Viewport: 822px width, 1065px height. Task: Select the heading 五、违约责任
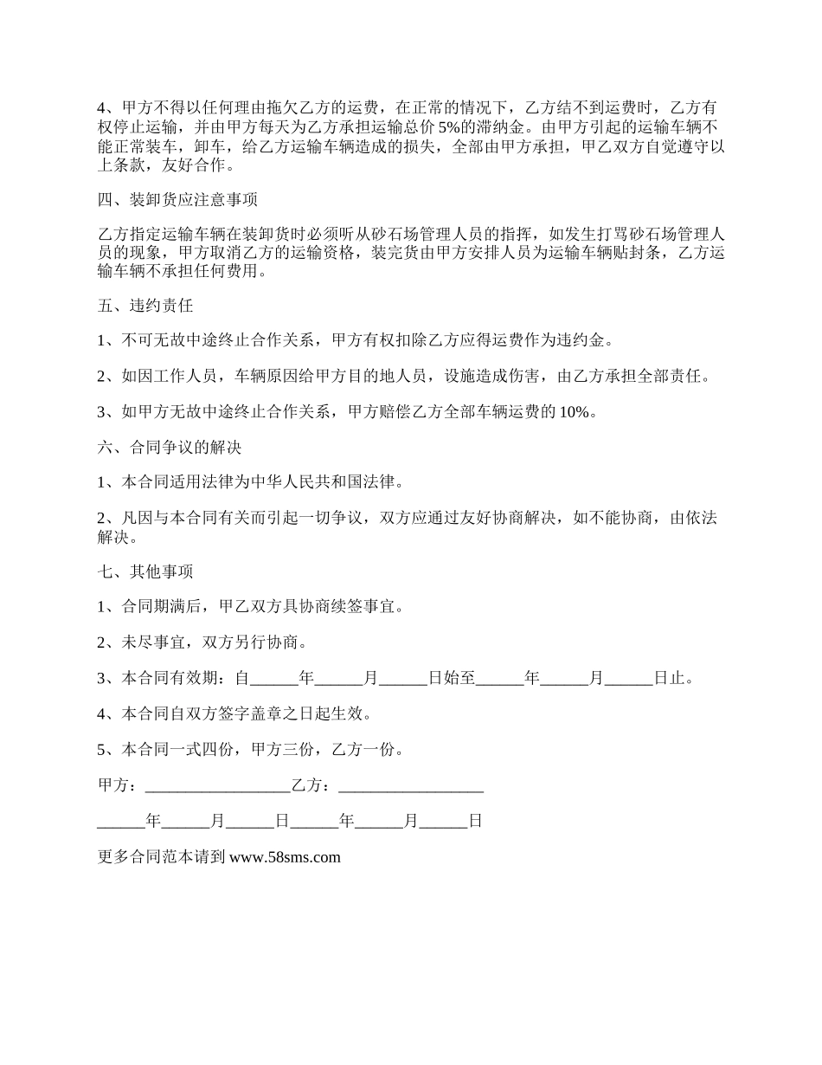coord(145,306)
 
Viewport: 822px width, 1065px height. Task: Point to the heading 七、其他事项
coord(145,571)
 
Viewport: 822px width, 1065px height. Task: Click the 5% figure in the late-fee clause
coord(451,127)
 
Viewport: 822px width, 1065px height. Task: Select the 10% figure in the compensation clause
coord(578,412)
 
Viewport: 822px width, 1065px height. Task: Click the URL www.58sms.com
coord(286,858)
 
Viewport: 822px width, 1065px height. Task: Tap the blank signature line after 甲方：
coord(218,786)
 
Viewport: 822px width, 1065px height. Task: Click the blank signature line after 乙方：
coord(411,786)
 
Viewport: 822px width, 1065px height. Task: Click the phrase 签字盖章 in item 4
coord(250,714)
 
